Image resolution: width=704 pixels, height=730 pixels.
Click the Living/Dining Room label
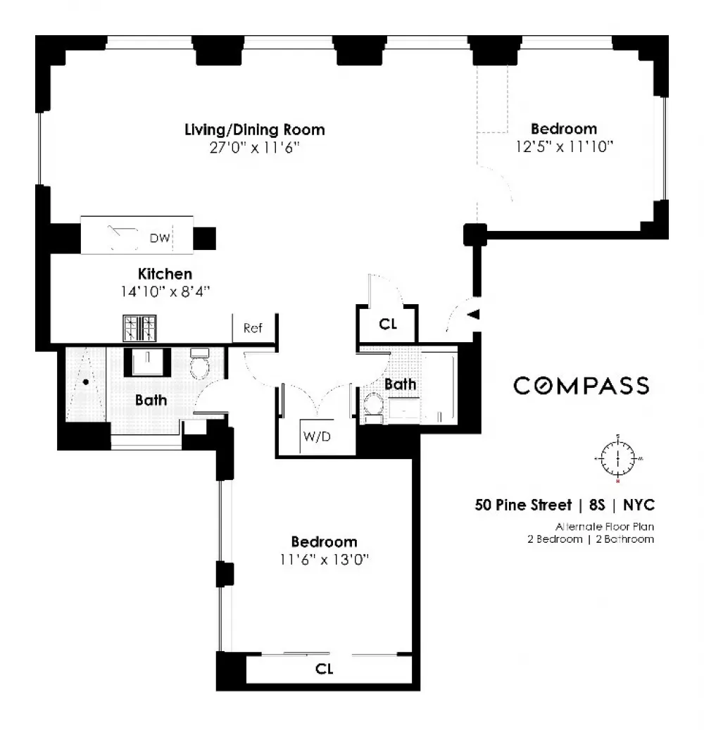point(255,130)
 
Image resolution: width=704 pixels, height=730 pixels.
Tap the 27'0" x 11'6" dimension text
point(254,148)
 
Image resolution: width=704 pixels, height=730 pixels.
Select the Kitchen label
point(165,274)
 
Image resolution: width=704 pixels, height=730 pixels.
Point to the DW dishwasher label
point(160,238)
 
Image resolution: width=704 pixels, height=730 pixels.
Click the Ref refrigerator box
point(255,329)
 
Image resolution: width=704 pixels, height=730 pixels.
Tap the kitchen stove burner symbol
point(139,328)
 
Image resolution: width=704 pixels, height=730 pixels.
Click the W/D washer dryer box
point(317,436)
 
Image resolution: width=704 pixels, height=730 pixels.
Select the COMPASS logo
point(582,386)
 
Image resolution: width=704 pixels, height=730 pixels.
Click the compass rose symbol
point(618,458)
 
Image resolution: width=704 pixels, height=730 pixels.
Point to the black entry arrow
point(473,315)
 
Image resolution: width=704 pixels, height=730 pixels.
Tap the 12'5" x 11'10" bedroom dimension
point(565,147)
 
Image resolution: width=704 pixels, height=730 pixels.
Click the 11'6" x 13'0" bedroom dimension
point(324,559)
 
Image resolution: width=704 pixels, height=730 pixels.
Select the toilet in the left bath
point(200,364)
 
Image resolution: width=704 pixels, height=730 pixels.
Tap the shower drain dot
point(86,382)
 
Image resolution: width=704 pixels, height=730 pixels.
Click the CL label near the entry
point(388,324)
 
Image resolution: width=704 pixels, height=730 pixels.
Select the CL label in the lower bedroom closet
point(324,669)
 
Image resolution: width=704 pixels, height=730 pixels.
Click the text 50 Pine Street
point(523,505)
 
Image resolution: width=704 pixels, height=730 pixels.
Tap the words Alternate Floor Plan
point(604,527)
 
